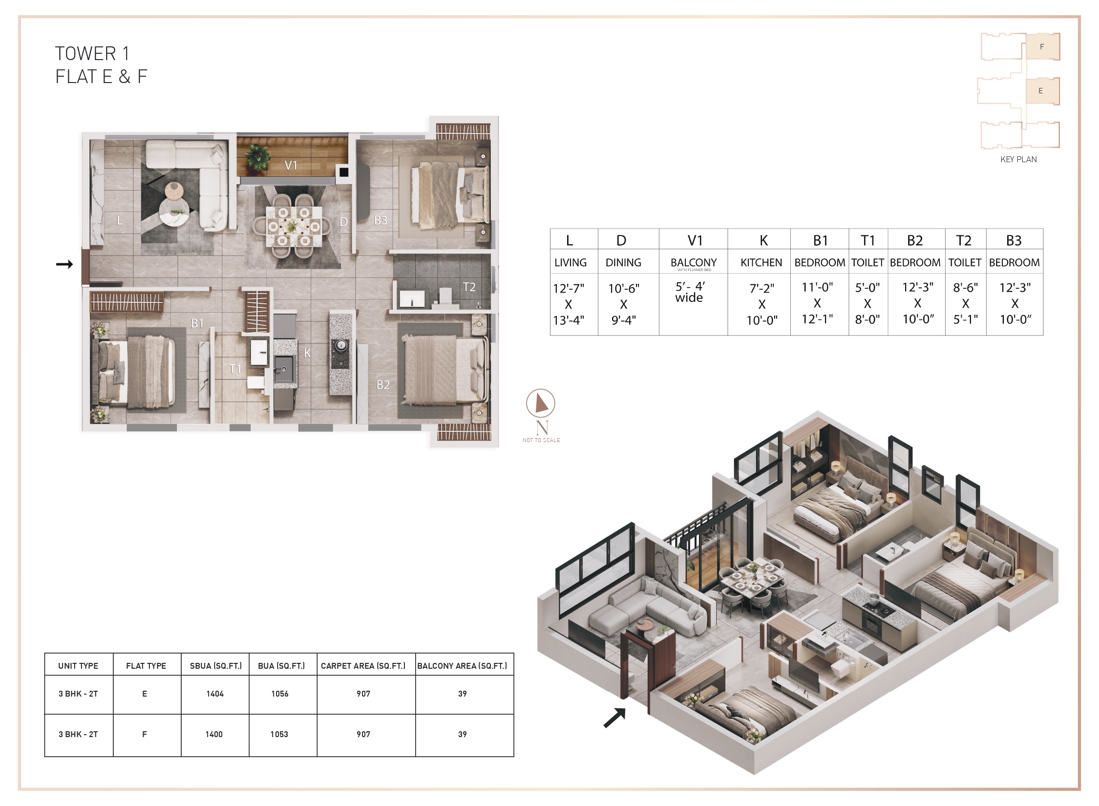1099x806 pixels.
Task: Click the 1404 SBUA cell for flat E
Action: pos(215,694)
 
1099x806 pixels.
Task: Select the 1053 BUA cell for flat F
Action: pos(279,734)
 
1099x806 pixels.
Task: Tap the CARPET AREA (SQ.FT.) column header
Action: pos(363,666)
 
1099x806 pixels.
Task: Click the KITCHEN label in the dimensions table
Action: pos(761,263)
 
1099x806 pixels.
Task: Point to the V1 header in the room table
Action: pos(695,240)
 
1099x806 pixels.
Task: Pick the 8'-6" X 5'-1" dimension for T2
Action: pos(966,303)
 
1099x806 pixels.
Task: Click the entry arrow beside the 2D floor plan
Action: pos(64,264)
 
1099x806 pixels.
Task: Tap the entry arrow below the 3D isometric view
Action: pos(614,718)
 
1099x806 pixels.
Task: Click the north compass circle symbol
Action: pos(541,403)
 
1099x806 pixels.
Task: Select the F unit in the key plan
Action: pos(1042,47)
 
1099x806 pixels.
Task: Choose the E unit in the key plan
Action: pos(1041,91)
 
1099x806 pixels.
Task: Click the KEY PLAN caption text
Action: pos(1018,159)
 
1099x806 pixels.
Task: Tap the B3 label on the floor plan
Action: pos(380,220)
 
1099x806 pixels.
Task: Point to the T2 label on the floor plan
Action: pos(469,287)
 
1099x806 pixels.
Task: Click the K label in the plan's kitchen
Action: pos(307,353)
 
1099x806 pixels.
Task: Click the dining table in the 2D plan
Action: pos(294,227)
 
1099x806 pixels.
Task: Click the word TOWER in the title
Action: pos(85,53)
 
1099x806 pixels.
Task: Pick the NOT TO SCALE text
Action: pos(541,440)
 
